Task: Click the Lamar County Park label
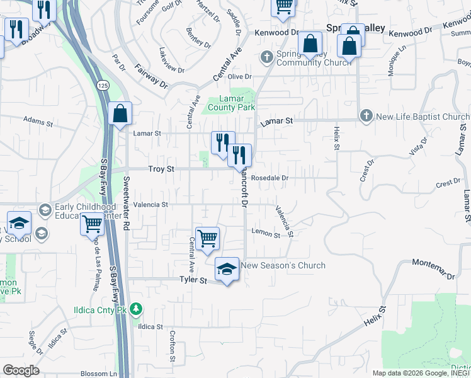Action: click(237, 103)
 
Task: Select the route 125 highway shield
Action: click(101, 84)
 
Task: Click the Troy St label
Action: click(161, 169)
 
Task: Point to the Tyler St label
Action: click(193, 279)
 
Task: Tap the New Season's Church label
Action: click(283, 265)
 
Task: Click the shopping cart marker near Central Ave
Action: click(207, 239)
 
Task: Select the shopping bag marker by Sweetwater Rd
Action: click(120, 114)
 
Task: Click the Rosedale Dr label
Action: click(270, 178)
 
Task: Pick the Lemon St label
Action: click(265, 234)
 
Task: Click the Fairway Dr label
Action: click(151, 74)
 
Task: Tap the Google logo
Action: click(21, 370)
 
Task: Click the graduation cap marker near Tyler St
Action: click(227, 269)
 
